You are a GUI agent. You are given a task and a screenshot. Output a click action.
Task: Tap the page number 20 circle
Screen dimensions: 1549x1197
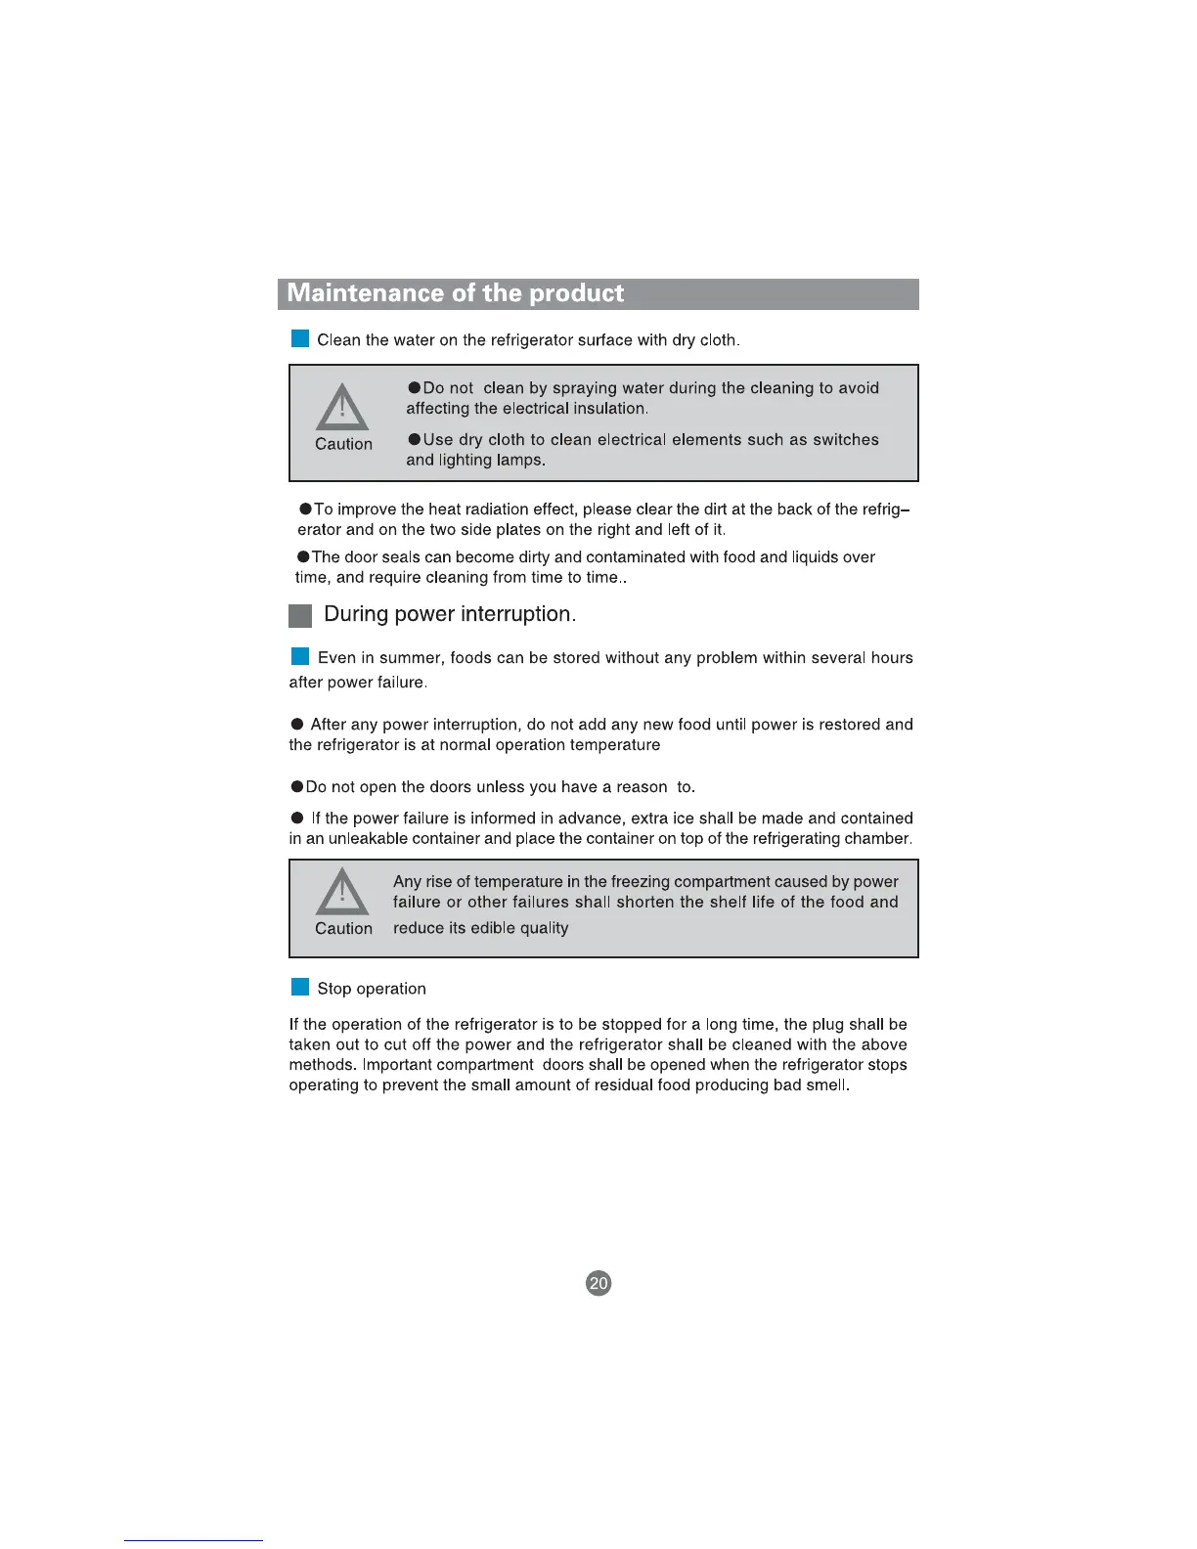[x=598, y=1283]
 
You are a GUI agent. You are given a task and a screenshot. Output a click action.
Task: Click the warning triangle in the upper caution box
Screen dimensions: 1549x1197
[x=342, y=408]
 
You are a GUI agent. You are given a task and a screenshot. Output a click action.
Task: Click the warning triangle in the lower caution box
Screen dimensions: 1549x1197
[x=342, y=892]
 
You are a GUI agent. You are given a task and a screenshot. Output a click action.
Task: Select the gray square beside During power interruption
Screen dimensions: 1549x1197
[x=300, y=615]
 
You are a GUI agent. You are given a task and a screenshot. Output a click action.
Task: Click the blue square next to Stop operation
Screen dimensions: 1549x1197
[x=300, y=988]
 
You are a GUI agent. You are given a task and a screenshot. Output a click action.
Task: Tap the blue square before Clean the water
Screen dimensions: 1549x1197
[x=300, y=339]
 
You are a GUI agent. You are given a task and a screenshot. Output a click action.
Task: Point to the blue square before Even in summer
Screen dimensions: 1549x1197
[x=300, y=656]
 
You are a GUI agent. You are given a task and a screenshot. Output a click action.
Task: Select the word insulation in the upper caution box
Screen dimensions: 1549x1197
[x=609, y=409]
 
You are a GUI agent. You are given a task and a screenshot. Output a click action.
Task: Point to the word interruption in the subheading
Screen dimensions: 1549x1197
[x=517, y=614]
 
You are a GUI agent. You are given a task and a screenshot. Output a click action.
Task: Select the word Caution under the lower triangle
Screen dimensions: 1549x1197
[x=343, y=929]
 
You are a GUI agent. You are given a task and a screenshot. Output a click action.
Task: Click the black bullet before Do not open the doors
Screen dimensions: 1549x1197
[x=296, y=787]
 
